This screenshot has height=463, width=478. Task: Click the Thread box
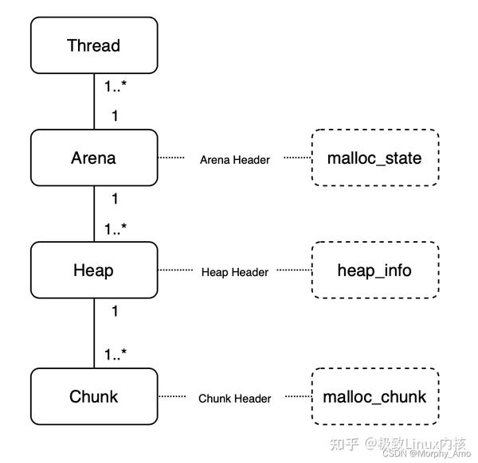point(93,45)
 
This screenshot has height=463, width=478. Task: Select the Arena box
point(93,158)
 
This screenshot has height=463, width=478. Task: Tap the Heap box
point(93,270)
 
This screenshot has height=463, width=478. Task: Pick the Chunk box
point(93,396)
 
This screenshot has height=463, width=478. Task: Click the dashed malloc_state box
point(374,158)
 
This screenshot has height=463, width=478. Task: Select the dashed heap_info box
point(374,270)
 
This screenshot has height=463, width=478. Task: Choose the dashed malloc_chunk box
point(374,396)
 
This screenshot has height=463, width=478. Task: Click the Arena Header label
point(234,160)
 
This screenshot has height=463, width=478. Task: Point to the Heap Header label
point(234,272)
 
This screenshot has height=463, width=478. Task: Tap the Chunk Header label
point(234,399)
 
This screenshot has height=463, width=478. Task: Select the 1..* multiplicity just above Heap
point(120,229)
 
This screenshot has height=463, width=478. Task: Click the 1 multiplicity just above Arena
point(115,116)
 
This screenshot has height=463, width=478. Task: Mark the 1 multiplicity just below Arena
point(115,199)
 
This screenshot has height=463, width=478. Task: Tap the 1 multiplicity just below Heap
point(115,312)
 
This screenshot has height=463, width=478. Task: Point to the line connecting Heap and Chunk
point(94,334)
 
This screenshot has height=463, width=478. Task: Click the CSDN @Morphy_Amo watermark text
point(426,454)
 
